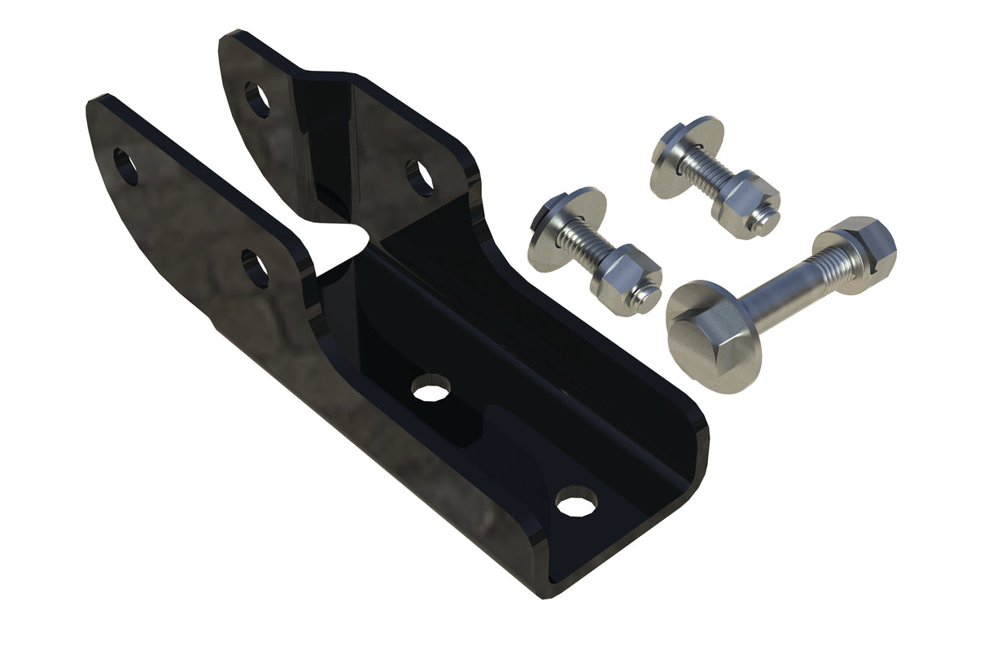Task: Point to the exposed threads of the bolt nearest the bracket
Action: [590, 248]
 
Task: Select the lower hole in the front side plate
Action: [255, 268]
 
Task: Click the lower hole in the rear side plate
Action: [420, 178]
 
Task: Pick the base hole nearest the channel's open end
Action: [576, 501]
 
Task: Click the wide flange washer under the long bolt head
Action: [692, 358]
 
